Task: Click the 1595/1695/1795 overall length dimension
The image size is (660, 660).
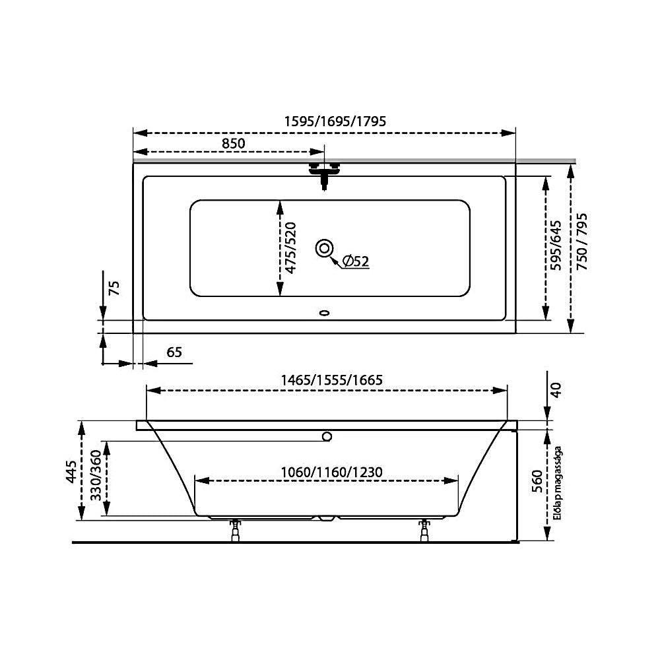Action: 335,121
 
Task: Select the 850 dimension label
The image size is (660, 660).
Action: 233,143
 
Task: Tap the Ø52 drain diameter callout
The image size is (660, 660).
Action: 356,261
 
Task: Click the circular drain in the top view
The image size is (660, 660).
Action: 325,248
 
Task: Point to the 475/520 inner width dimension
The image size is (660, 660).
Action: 290,248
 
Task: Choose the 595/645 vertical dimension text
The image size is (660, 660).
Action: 556,246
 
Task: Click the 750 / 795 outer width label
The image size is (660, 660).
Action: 581,242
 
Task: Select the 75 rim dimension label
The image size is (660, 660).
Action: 114,288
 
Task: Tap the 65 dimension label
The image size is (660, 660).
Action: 174,352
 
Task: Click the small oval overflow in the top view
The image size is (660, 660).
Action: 324,313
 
